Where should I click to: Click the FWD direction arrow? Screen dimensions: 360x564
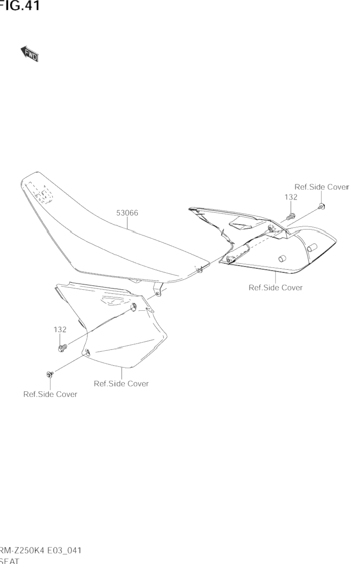(30, 54)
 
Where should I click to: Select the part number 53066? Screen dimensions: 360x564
(127, 213)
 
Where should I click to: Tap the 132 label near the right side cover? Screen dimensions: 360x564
(291, 197)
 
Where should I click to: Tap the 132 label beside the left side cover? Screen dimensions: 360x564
(60, 330)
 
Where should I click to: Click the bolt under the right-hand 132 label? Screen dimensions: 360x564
(291, 216)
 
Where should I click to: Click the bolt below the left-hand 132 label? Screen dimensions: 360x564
(62, 347)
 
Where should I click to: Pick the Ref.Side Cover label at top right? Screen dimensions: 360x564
(321, 187)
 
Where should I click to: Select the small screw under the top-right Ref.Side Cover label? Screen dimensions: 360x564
(321, 206)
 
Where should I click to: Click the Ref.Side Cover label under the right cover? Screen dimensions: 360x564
(276, 287)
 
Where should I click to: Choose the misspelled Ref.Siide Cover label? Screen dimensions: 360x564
(121, 384)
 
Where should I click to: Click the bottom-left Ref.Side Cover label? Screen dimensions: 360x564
(50, 394)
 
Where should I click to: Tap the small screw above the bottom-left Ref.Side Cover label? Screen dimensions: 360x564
(49, 374)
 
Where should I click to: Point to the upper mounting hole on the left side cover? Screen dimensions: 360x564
(134, 307)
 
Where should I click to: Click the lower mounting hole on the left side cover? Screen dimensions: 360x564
(87, 352)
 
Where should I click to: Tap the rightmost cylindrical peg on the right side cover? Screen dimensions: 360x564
(311, 247)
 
